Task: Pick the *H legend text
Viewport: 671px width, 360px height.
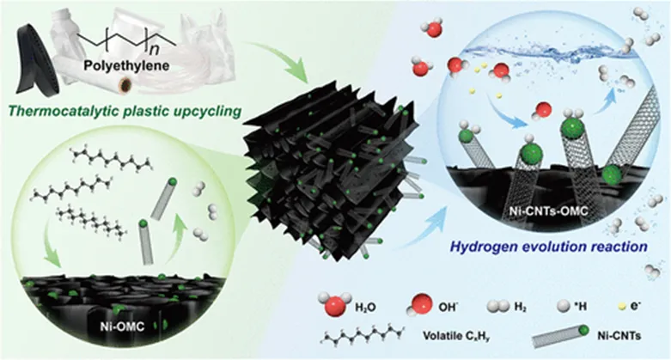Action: tap(586, 304)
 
